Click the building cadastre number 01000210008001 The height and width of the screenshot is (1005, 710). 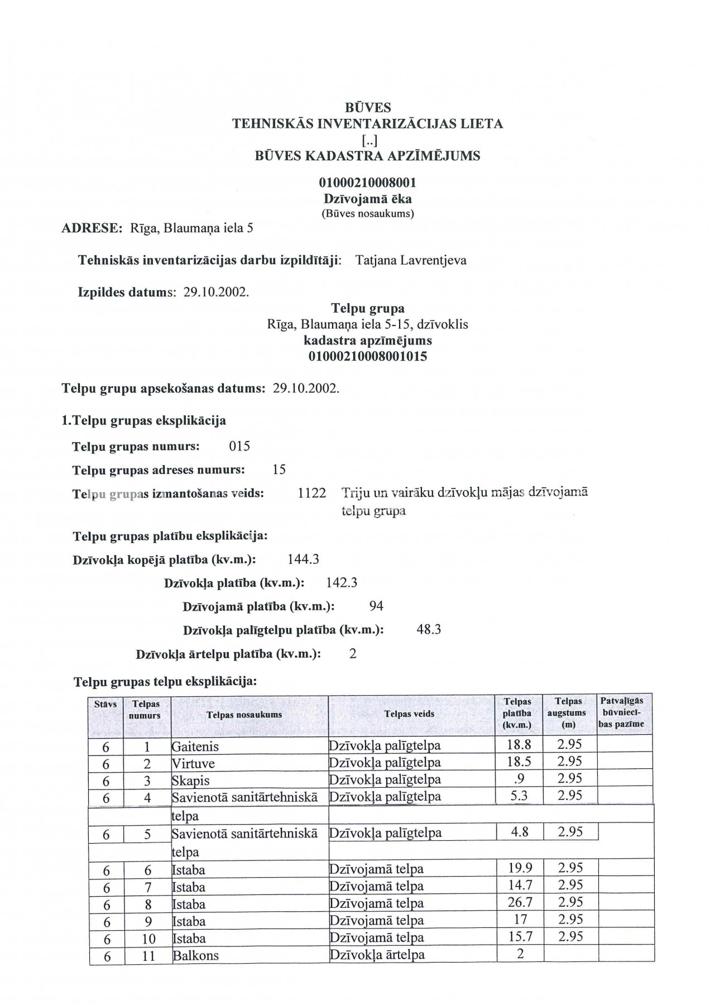(x=367, y=183)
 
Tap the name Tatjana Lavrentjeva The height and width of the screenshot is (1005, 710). (x=410, y=260)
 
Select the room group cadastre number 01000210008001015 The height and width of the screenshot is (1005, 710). (x=367, y=356)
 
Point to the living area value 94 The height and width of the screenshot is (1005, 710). (x=376, y=606)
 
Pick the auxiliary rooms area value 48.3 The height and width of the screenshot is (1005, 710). (x=429, y=630)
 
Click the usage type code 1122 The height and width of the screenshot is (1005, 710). (x=312, y=493)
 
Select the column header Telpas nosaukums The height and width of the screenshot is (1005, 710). (x=244, y=715)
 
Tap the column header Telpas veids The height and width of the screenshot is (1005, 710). (x=409, y=714)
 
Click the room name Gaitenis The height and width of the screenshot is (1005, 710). (x=195, y=747)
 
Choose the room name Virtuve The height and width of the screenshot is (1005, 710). (x=193, y=764)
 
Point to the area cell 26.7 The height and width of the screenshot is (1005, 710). (x=520, y=902)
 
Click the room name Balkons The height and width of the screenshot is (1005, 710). (x=196, y=955)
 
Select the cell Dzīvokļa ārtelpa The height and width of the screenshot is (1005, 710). (x=377, y=955)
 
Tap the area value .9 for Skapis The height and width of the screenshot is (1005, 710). (x=519, y=779)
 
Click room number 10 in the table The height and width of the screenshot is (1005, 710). (x=148, y=939)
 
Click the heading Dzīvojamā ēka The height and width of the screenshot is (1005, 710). (x=367, y=199)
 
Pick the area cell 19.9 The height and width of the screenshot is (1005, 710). (x=520, y=868)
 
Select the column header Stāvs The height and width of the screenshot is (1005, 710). (x=105, y=705)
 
